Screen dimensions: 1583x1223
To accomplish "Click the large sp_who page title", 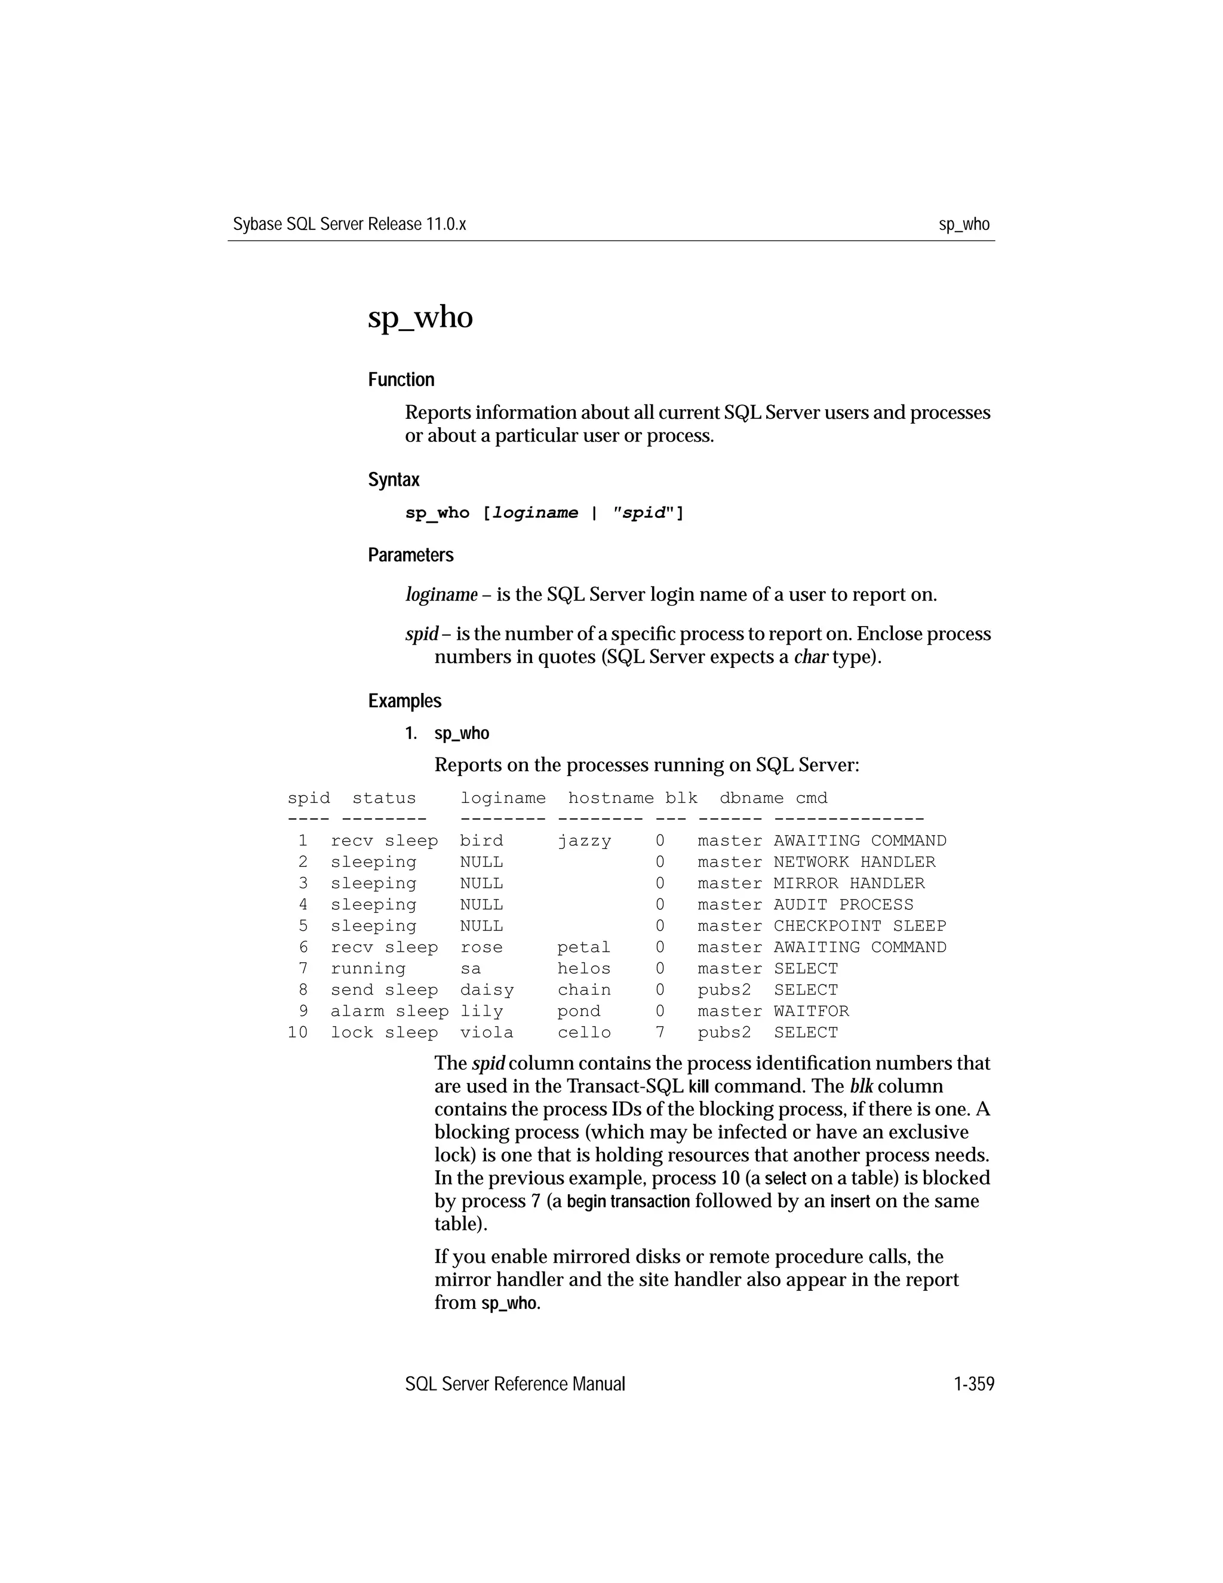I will point(420,317).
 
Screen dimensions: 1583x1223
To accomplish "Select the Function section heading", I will point(401,380).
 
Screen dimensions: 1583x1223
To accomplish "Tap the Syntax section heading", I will point(394,480).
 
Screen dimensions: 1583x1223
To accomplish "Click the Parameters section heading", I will point(410,555).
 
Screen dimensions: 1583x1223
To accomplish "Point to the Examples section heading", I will point(404,701).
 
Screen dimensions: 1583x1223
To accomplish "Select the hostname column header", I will point(611,798).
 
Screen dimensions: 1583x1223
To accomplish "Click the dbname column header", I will point(751,798).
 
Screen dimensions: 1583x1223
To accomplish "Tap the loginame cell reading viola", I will point(486,1032).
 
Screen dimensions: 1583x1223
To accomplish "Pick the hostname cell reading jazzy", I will point(584,841).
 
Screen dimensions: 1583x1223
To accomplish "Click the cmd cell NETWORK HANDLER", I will point(853,862).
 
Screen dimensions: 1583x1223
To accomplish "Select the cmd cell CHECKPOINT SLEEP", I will point(859,925).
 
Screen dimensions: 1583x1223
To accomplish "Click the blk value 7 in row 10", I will point(659,1032).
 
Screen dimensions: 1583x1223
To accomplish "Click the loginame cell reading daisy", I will point(486,990).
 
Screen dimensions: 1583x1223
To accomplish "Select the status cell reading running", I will point(367,968).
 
